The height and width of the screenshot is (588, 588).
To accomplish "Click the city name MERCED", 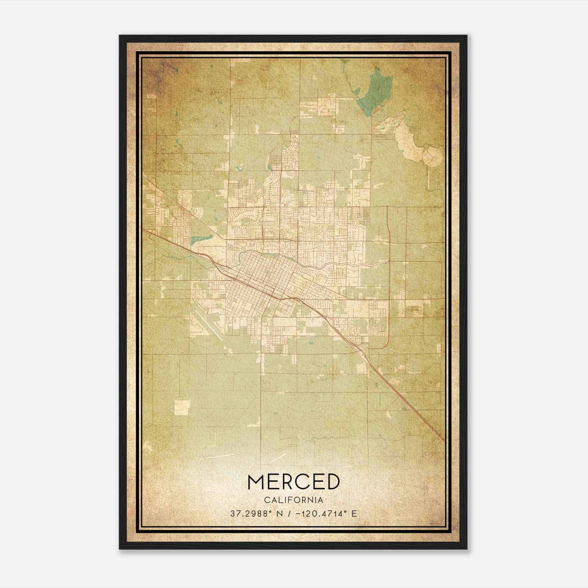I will [x=293, y=481].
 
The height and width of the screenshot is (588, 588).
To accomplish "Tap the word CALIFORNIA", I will [x=293, y=500].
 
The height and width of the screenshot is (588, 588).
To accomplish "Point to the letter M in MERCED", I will [x=257, y=481].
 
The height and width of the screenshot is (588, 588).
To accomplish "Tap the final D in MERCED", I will [x=331, y=481].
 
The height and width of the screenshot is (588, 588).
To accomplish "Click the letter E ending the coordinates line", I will [x=354, y=514].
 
